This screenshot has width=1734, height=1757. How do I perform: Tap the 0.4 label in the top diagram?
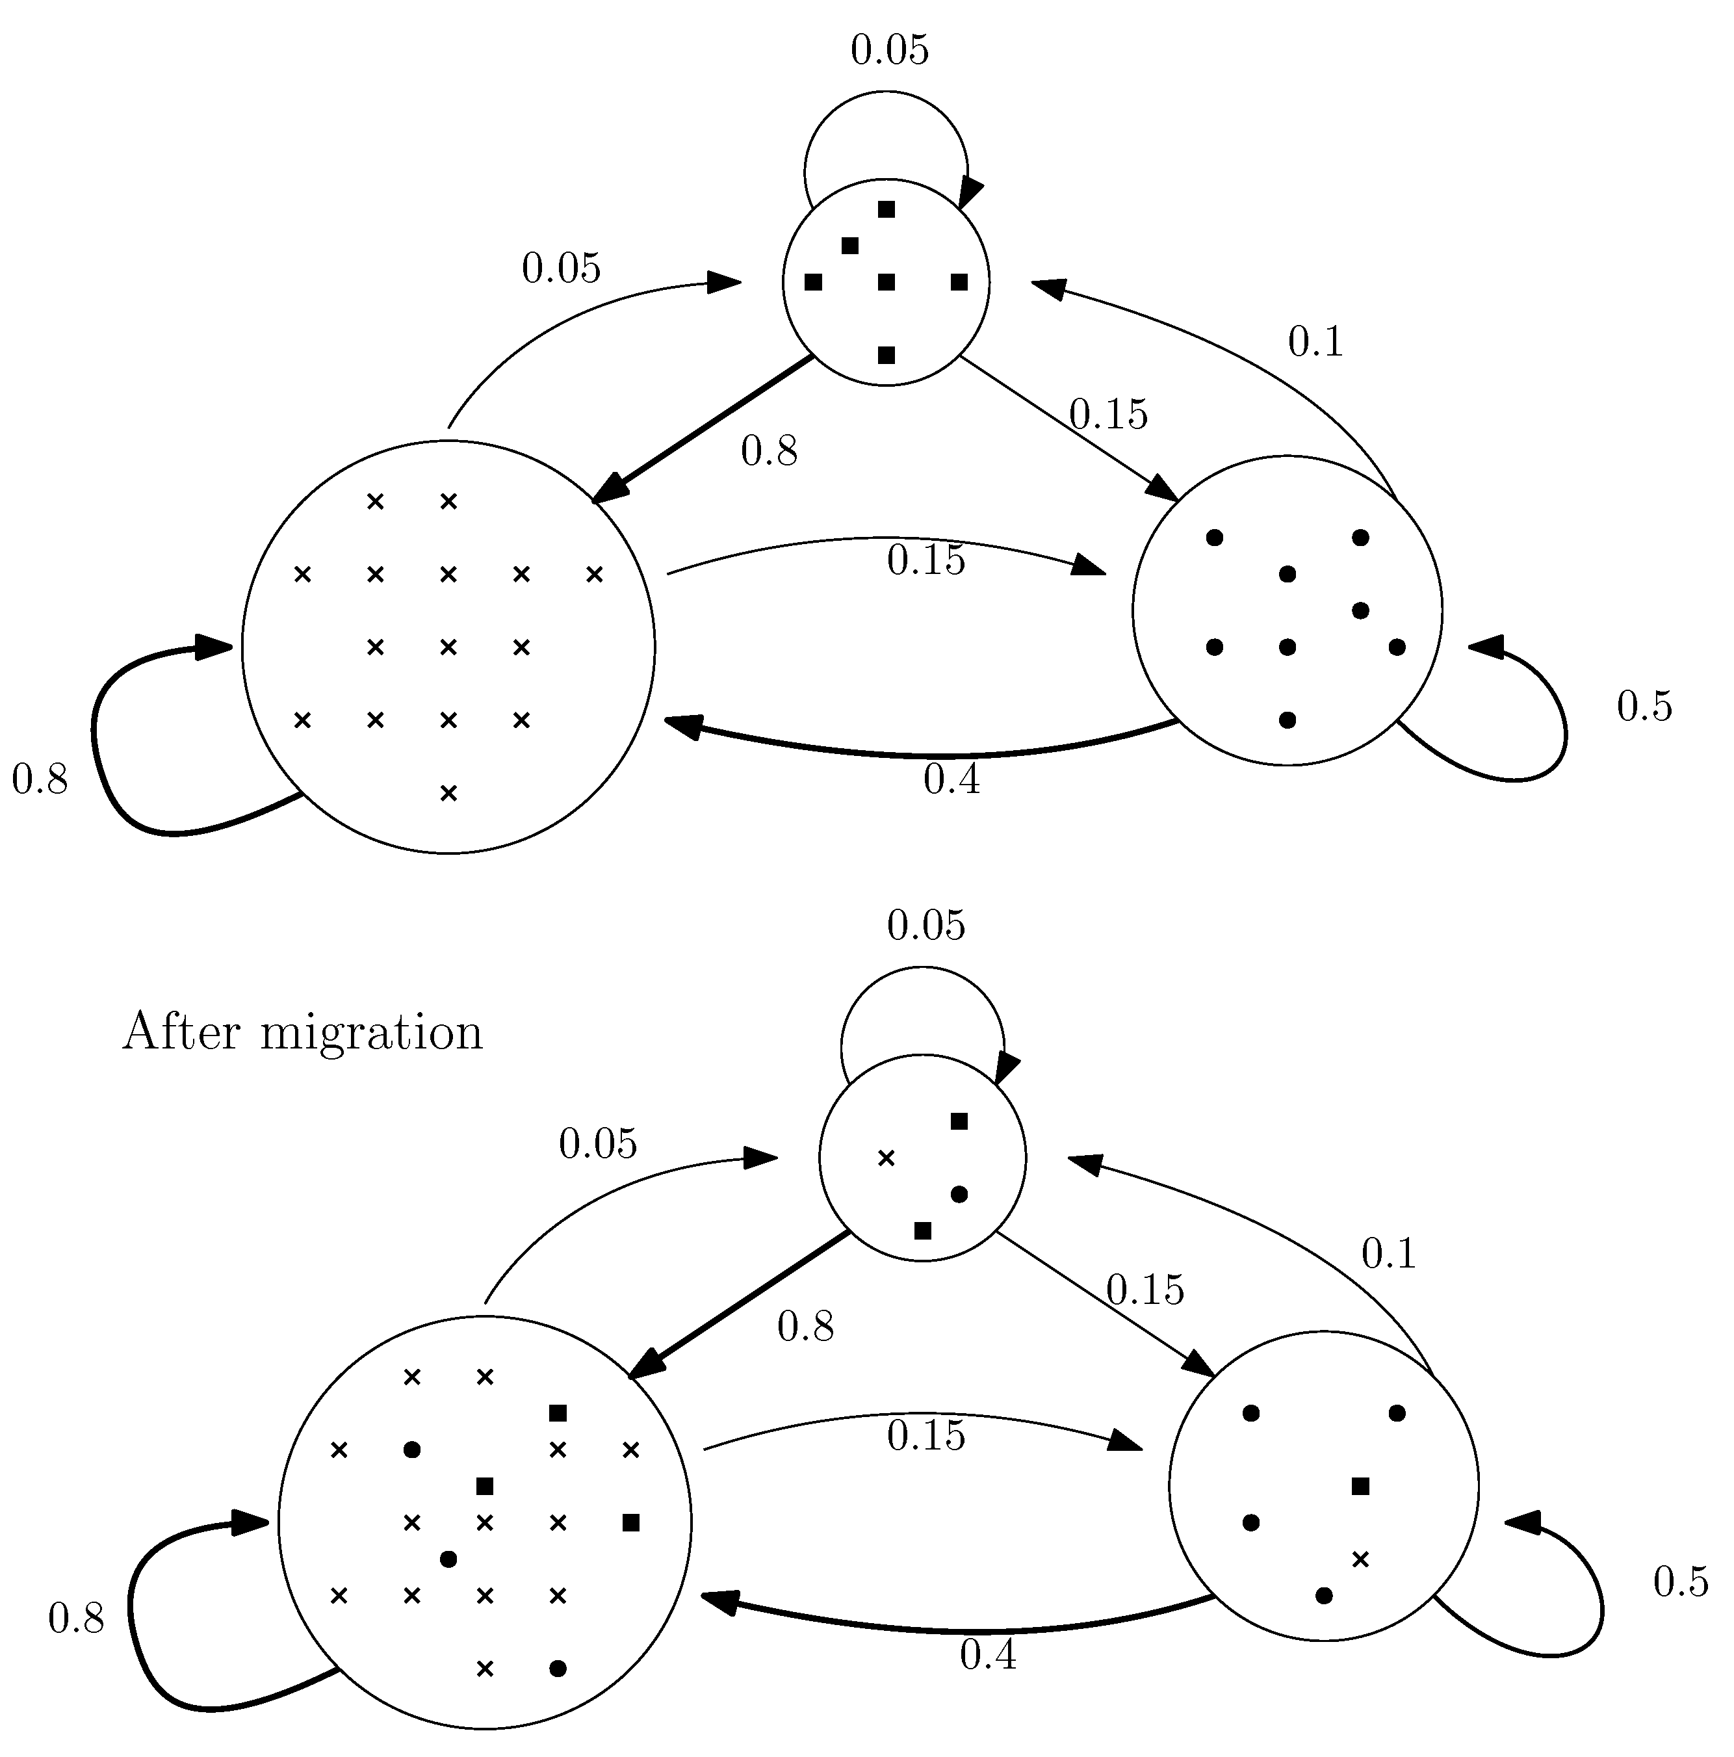pyautogui.click(x=951, y=780)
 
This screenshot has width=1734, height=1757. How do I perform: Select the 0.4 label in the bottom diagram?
pyautogui.click(x=987, y=1654)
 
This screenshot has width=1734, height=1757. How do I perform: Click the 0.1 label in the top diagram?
pyautogui.click(x=1315, y=343)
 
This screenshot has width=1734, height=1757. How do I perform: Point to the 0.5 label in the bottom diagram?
pyautogui.click(x=1680, y=1582)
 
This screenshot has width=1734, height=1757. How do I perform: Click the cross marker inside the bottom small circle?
pyautogui.click(x=886, y=1158)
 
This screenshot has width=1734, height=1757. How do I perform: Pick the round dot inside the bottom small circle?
pyautogui.click(x=959, y=1195)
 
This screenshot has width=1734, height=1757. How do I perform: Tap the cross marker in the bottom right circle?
pyautogui.click(x=1360, y=1559)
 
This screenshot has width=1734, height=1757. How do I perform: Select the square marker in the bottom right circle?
pyautogui.click(x=1360, y=1487)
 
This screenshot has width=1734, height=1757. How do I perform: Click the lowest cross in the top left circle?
pyautogui.click(x=448, y=794)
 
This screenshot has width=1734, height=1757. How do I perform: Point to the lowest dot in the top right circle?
pyautogui.click(x=1287, y=720)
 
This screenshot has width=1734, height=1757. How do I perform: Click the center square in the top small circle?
pyautogui.click(x=886, y=283)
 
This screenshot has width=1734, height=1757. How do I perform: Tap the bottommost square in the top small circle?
pyautogui.click(x=886, y=355)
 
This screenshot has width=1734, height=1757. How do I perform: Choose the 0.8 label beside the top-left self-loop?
pyautogui.click(x=40, y=780)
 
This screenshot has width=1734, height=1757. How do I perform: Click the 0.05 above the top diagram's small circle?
pyautogui.click(x=889, y=51)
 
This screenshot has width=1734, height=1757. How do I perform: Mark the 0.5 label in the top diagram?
pyautogui.click(x=1644, y=707)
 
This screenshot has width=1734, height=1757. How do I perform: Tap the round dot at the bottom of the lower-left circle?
pyautogui.click(x=558, y=1669)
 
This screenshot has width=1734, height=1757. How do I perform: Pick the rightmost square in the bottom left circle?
pyautogui.click(x=631, y=1522)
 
